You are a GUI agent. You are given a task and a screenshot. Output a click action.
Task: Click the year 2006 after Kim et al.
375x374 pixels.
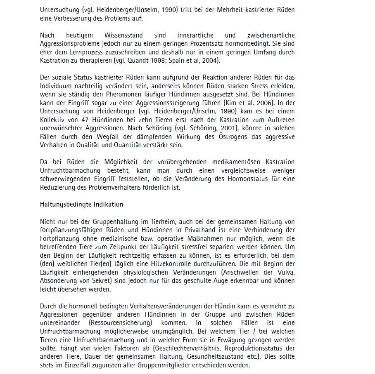pyautogui.click(x=266, y=102)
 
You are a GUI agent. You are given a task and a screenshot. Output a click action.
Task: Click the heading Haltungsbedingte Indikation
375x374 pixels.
pyautogui.click(x=81, y=204)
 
